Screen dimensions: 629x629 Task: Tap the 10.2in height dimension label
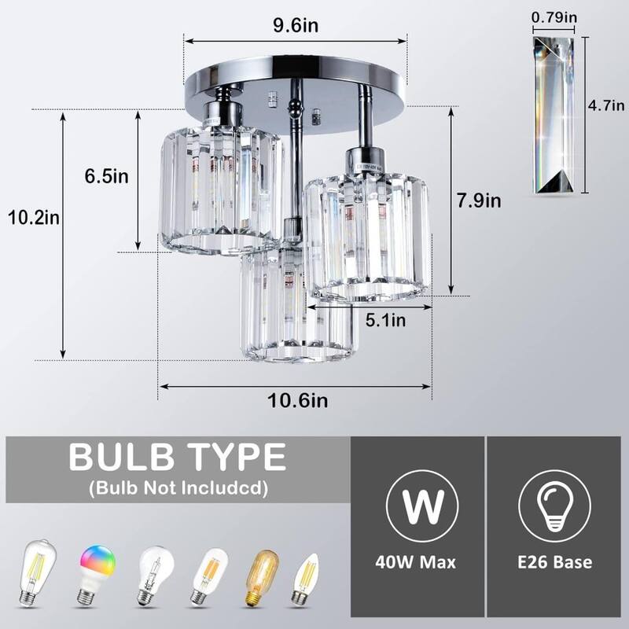[31, 215]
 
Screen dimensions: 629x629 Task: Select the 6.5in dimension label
[107, 176]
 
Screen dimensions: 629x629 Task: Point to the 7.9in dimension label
[478, 200]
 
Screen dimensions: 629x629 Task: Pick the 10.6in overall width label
[297, 401]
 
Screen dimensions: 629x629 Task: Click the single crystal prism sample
[559, 114]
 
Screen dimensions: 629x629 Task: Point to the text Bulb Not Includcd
[178, 488]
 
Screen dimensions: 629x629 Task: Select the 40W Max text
[417, 562]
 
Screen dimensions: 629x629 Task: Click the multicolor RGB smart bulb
[96, 573]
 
